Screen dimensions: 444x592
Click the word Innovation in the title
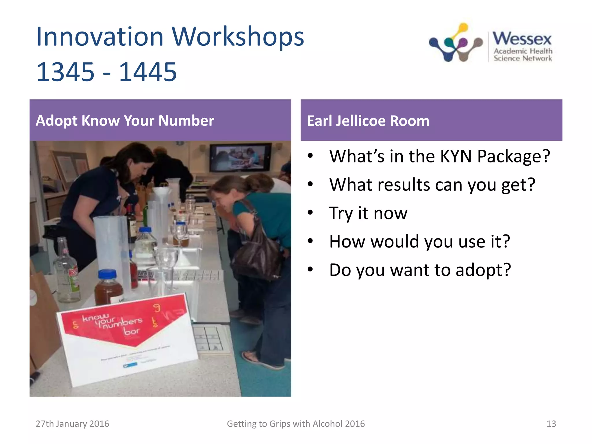pos(100,37)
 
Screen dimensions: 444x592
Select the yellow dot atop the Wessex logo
pos(463,28)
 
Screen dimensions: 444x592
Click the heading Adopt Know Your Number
pos(125,121)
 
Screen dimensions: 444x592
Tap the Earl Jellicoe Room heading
pos(368,121)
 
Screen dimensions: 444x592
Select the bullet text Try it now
pos(368,213)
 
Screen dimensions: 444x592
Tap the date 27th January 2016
pos(72,424)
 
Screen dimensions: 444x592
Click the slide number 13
pos(551,424)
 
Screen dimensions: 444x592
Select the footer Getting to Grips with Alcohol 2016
pos(296,424)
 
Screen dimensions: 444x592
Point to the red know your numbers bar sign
pos(124,321)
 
